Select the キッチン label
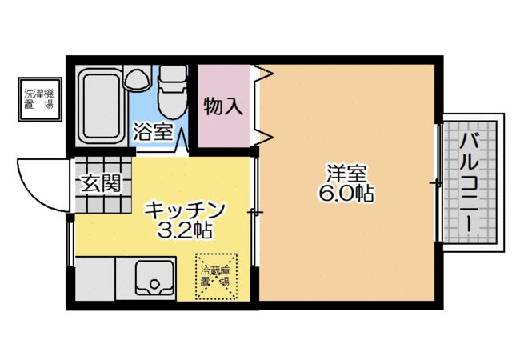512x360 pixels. click(x=185, y=211)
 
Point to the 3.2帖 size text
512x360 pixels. click(x=185, y=232)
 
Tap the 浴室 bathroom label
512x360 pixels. click(x=152, y=132)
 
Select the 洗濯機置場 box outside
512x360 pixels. click(x=39, y=99)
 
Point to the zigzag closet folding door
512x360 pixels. click(x=263, y=104)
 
